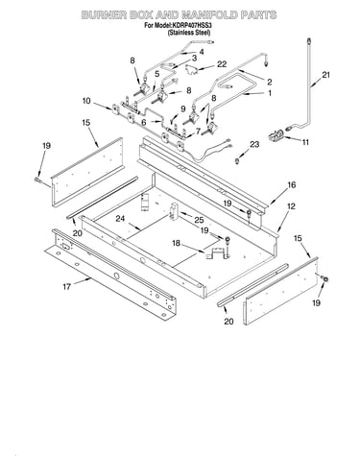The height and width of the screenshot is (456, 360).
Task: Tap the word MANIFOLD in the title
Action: (208, 15)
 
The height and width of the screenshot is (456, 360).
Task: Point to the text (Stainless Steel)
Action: (189, 33)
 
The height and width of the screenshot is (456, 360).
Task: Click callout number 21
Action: (325, 75)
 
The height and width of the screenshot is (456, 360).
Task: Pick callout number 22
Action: (222, 64)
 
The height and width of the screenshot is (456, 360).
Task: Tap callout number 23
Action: (254, 145)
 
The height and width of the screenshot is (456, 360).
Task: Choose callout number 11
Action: (305, 141)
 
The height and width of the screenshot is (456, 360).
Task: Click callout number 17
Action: (66, 286)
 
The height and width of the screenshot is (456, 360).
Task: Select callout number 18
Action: (177, 243)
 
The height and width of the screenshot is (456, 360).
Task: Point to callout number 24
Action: (120, 219)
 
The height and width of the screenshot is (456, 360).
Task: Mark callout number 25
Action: (199, 220)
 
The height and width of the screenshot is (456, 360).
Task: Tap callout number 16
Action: (291, 184)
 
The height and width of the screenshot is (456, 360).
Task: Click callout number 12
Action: (291, 206)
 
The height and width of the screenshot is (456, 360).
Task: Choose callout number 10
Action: (86, 101)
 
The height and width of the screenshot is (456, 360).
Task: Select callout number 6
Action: (144, 122)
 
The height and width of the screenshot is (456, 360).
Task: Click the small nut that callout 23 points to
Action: (237, 159)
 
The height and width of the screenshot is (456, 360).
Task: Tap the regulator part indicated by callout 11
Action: (276, 135)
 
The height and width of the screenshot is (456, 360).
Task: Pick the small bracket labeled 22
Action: (191, 69)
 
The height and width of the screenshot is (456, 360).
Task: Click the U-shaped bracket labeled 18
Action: (218, 252)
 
